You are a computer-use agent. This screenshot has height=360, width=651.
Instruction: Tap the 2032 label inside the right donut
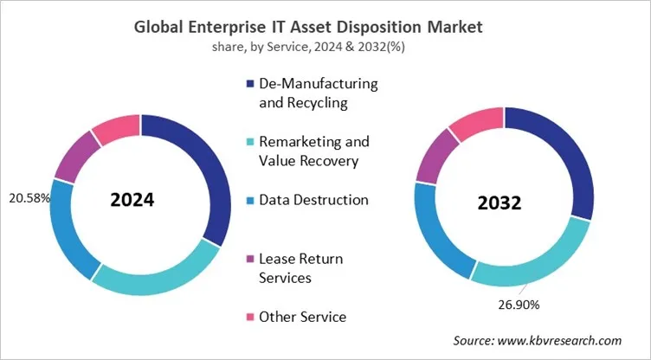pyautogui.click(x=499, y=203)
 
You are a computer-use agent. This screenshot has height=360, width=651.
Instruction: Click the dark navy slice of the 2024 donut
pyautogui.click(x=208, y=173)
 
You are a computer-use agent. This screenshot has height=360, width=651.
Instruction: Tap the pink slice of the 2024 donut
pyautogui.click(x=116, y=128)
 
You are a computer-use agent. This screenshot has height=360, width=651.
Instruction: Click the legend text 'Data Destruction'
pyautogui.click(x=313, y=200)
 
